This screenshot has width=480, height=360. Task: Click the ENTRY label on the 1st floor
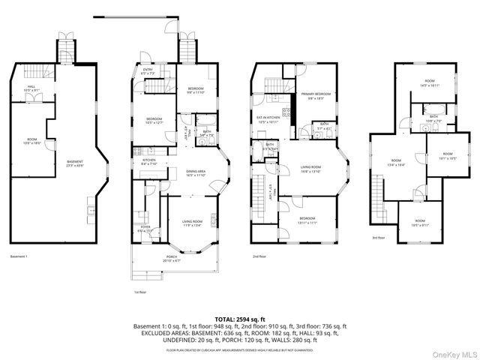click(148, 71)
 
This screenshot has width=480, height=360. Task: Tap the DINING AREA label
click(196, 172)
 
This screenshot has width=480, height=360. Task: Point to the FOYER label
click(145, 229)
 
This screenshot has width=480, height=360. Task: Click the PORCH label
click(172, 258)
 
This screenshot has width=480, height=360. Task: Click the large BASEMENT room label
click(75, 163)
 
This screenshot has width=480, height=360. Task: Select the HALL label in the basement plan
click(31, 88)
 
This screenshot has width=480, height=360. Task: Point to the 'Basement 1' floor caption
click(19, 256)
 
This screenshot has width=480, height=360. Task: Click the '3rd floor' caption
click(379, 238)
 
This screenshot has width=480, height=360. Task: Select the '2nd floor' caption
click(259, 256)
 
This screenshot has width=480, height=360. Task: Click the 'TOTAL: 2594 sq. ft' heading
click(239, 319)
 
